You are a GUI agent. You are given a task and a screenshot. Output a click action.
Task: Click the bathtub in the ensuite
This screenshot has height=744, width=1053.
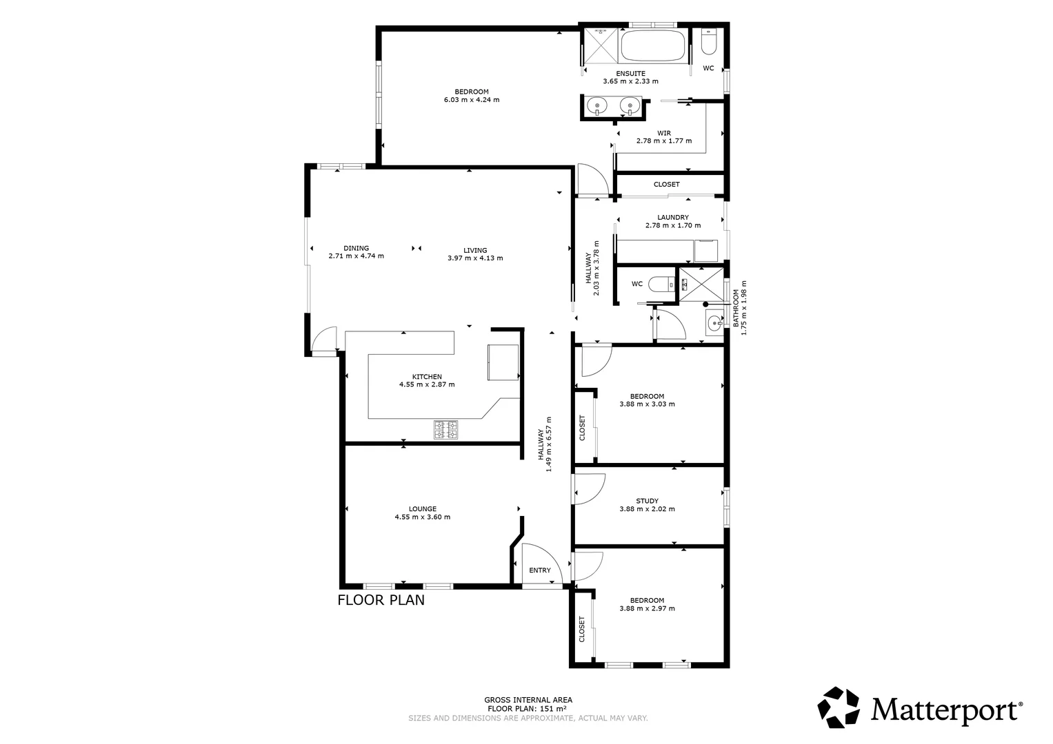[x=653, y=45]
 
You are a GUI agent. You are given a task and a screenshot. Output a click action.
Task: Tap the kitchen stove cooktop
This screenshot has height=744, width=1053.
[x=445, y=430]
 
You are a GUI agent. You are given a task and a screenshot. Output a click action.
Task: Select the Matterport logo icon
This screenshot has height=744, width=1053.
[x=839, y=707]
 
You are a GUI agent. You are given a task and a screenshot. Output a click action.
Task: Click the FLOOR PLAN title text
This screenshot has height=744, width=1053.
[x=381, y=600]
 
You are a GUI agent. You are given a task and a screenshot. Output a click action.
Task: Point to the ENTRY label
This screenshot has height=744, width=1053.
[x=540, y=570]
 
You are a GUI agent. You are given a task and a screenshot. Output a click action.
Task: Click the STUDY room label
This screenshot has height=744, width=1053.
[x=647, y=501]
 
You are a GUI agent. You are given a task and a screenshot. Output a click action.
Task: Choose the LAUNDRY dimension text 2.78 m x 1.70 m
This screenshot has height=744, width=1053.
[x=672, y=225]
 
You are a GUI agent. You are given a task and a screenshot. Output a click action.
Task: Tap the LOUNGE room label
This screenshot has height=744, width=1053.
[x=422, y=509]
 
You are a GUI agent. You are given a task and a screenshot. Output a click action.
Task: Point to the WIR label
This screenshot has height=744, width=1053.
[x=663, y=133]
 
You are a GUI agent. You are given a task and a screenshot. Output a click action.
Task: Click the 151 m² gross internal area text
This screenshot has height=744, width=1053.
[x=527, y=708]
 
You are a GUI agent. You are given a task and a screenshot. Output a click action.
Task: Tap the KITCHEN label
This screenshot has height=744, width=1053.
[x=427, y=377]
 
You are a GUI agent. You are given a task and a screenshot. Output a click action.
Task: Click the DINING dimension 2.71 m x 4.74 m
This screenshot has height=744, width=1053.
[x=356, y=256]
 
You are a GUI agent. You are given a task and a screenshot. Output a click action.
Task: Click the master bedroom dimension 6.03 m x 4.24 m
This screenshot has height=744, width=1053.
[x=472, y=100]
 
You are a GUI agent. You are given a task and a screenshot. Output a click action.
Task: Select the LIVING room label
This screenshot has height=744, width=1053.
[x=475, y=250]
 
